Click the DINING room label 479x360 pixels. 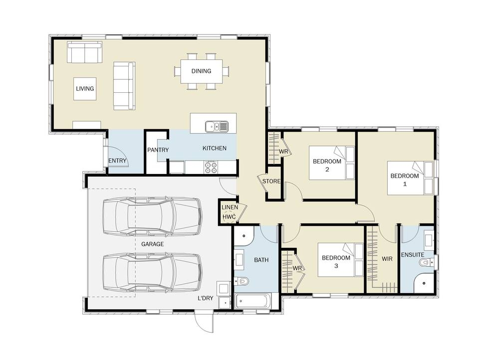tap(201, 71)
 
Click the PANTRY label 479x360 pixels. tap(158, 150)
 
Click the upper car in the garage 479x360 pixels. tap(152, 216)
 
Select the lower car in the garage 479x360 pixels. tap(152, 272)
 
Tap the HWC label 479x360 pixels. tap(229, 217)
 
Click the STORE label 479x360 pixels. tap(271, 181)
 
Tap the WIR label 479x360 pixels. tap(387, 259)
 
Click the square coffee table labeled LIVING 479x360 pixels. tap(85, 89)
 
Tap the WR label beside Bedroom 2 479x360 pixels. tap(283, 152)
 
